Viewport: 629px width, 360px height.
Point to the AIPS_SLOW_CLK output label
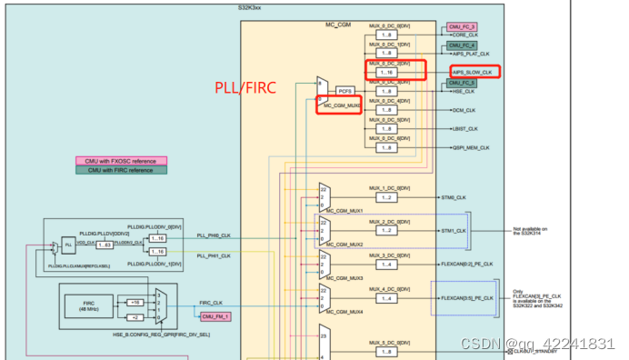[x=473, y=72]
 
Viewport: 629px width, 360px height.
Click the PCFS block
[x=344, y=91]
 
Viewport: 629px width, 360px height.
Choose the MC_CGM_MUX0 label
[x=342, y=106]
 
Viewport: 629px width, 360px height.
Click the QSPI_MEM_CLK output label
[x=470, y=147]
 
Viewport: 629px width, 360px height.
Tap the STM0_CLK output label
[x=454, y=197]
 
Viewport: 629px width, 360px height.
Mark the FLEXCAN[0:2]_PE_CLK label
[x=467, y=264]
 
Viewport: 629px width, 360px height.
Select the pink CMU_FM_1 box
[x=216, y=316]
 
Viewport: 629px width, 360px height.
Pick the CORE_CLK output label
[x=459, y=35]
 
